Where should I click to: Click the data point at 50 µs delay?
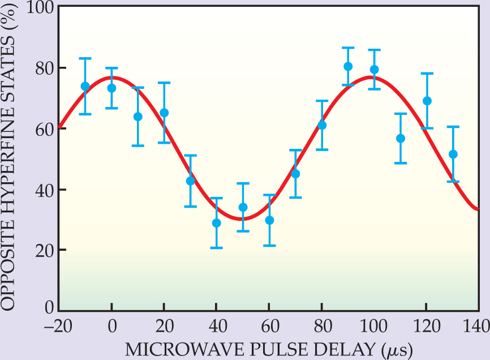(x=243, y=207)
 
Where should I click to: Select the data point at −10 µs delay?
(x=85, y=87)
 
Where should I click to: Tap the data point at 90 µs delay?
(x=348, y=67)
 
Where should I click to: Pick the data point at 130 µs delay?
(x=453, y=154)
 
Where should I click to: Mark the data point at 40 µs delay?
(x=217, y=223)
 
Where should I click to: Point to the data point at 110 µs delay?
(x=401, y=139)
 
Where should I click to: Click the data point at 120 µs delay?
(x=427, y=101)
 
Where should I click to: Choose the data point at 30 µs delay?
(x=191, y=181)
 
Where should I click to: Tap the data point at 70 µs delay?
(x=295, y=174)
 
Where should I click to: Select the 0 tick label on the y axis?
(x=49, y=308)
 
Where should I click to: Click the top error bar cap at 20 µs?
(x=164, y=83)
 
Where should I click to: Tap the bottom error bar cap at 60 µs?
(x=269, y=245)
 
